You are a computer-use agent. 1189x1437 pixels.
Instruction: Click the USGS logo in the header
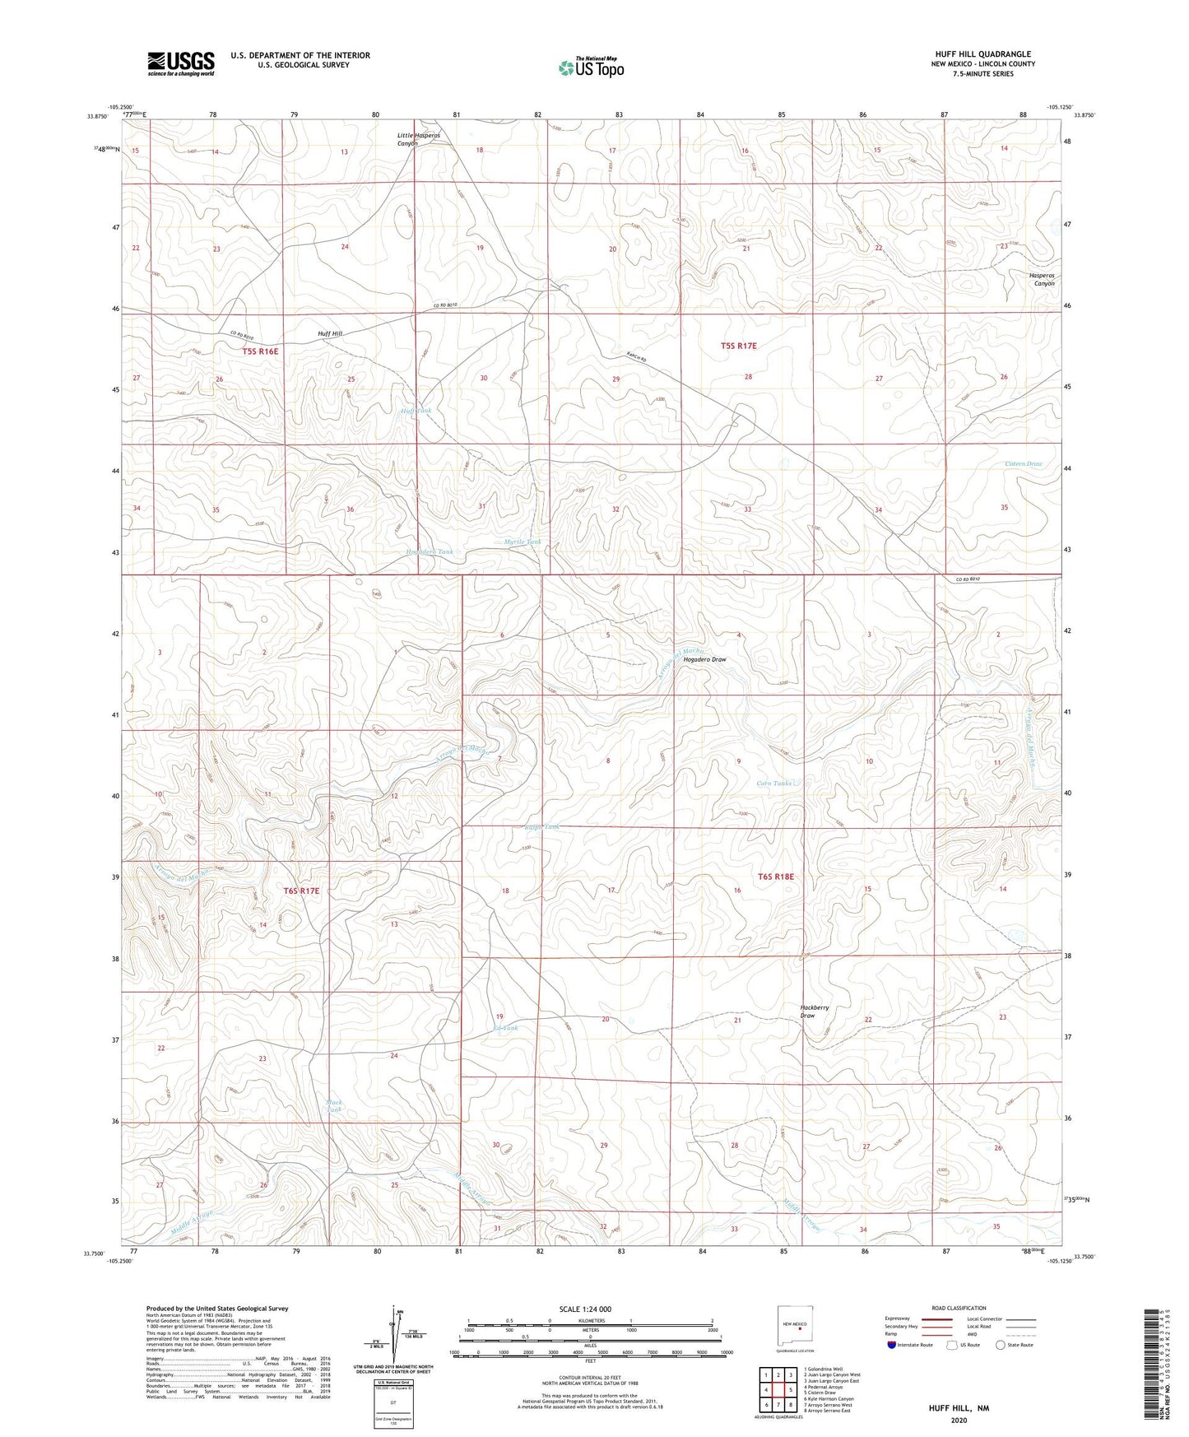click(x=181, y=63)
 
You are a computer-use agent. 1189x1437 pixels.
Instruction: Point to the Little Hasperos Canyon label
click(x=419, y=139)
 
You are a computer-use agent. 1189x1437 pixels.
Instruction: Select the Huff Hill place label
click(x=330, y=333)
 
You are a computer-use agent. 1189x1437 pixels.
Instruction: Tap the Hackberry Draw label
click(x=814, y=1011)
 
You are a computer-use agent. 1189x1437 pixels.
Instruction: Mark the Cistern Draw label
click(x=1023, y=463)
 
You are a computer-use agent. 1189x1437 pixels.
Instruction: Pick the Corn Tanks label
click(x=773, y=783)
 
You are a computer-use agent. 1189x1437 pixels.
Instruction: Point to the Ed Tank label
click(x=505, y=1028)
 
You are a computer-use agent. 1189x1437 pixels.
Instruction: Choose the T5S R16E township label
click(x=261, y=351)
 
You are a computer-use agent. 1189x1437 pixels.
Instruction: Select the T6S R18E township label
click(x=775, y=877)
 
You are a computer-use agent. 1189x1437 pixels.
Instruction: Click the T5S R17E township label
click(x=738, y=346)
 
